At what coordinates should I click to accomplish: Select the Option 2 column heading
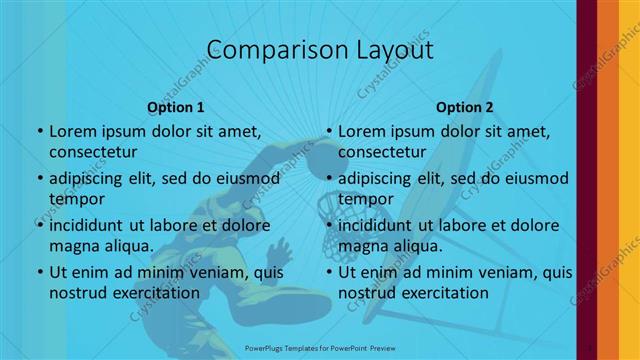click(x=465, y=107)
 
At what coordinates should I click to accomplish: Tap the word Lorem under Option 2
click(x=361, y=131)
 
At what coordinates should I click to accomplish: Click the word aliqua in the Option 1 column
click(x=127, y=246)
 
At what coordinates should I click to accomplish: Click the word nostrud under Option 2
click(x=367, y=293)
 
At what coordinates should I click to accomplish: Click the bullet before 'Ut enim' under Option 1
click(x=39, y=272)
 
